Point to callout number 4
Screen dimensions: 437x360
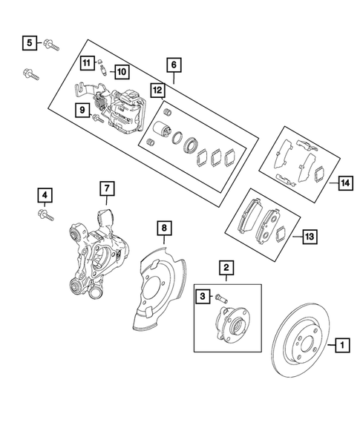coord(45,196)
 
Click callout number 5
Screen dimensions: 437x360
coord(29,43)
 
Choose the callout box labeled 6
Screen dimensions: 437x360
coord(173,65)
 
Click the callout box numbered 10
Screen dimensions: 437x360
coord(120,71)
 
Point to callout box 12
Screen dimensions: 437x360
coord(156,90)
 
